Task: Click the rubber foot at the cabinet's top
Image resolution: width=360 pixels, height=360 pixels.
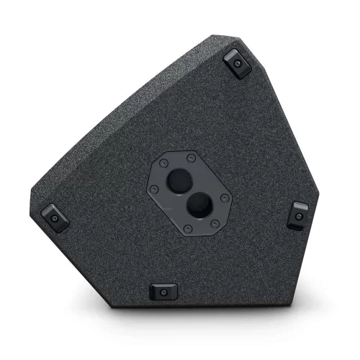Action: coord(237,63)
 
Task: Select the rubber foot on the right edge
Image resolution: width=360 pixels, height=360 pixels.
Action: coord(298,214)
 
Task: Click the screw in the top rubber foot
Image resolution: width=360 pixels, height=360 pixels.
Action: coord(237,64)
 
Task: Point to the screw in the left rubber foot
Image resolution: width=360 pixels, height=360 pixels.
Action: coord(55,217)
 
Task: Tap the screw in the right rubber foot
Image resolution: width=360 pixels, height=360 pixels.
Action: coord(298,215)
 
